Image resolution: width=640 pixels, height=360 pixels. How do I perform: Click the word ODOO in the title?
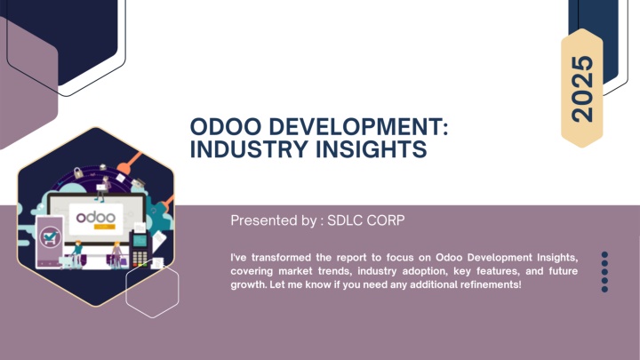[225, 126]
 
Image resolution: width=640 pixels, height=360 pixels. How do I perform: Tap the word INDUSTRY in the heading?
[249, 149]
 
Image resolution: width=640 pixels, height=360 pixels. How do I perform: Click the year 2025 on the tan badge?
[582, 89]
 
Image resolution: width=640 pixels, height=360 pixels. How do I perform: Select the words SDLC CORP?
[365, 220]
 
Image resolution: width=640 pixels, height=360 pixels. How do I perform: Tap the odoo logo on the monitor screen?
[95, 217]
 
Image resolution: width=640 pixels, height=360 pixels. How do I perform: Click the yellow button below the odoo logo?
[105, 227]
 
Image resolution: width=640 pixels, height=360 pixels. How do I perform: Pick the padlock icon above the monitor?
[78, 172]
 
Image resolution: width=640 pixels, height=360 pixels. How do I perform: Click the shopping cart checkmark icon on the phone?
[50, 237]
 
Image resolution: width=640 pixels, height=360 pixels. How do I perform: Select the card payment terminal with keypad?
[139, 249]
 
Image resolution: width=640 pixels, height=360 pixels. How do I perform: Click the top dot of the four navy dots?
[604, 255]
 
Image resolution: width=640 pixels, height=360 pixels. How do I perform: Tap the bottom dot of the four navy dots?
[604, 289]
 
